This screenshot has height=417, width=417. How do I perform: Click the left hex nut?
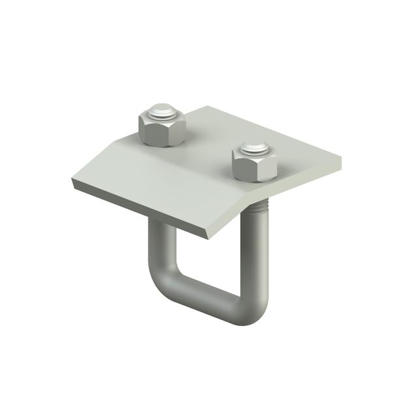click(161, 126)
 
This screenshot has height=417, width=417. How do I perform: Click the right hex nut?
click(254, 162)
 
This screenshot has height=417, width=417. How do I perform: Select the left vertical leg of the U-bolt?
click(158, 251)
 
